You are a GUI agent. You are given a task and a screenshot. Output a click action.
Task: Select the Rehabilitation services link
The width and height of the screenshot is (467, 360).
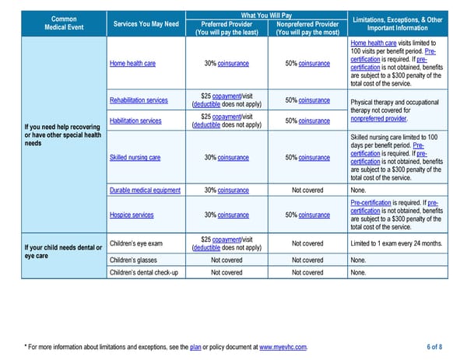[x=139, y=100]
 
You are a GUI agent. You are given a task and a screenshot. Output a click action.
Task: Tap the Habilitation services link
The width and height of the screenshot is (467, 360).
[x=135, y=121]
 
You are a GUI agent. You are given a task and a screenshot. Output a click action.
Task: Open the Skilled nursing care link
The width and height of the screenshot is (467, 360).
[x=135, y=158]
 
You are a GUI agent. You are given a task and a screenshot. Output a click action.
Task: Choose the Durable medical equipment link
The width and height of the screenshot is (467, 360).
[x=145, y=190]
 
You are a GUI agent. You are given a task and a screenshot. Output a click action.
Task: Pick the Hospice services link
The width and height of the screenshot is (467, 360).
[x=132, y=215]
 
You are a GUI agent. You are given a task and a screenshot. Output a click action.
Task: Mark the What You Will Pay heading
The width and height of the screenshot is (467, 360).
[x=266, y=16]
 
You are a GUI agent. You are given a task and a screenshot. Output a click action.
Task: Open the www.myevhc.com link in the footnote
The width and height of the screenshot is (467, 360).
[x=283, y=347]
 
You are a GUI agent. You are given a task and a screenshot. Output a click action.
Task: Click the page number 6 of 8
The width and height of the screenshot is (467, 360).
[x=434, y=347]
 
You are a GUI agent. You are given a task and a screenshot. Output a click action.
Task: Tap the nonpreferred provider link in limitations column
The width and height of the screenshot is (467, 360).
[x=378, y=119]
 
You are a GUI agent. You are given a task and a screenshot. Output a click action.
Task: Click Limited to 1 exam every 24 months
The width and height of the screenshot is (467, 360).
[x=396, y=243]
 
